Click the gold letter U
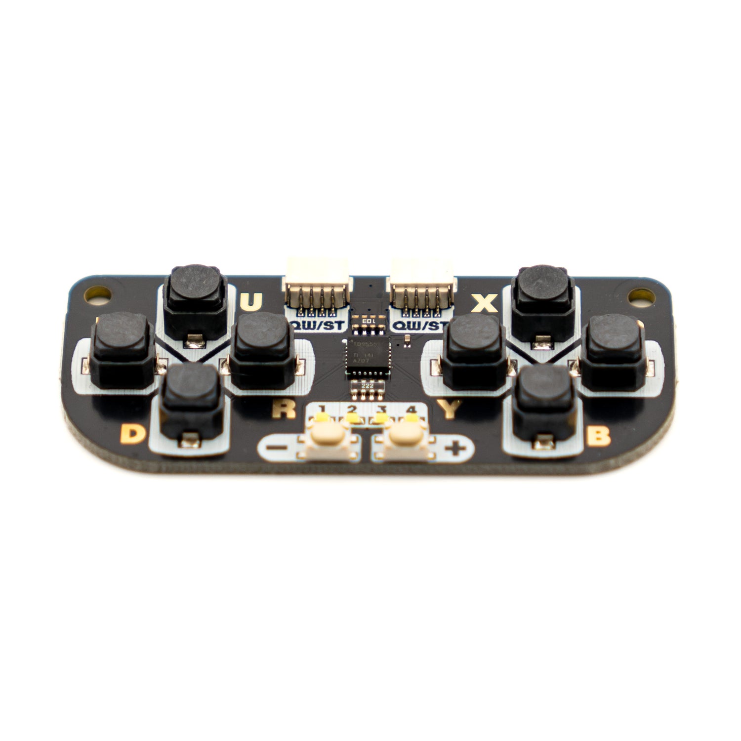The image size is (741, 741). [251, 302]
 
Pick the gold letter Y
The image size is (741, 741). [450, 409]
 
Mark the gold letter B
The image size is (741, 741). [600, 436]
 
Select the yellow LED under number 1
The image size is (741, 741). [323, 418]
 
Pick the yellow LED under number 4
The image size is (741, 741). [410, 418]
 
